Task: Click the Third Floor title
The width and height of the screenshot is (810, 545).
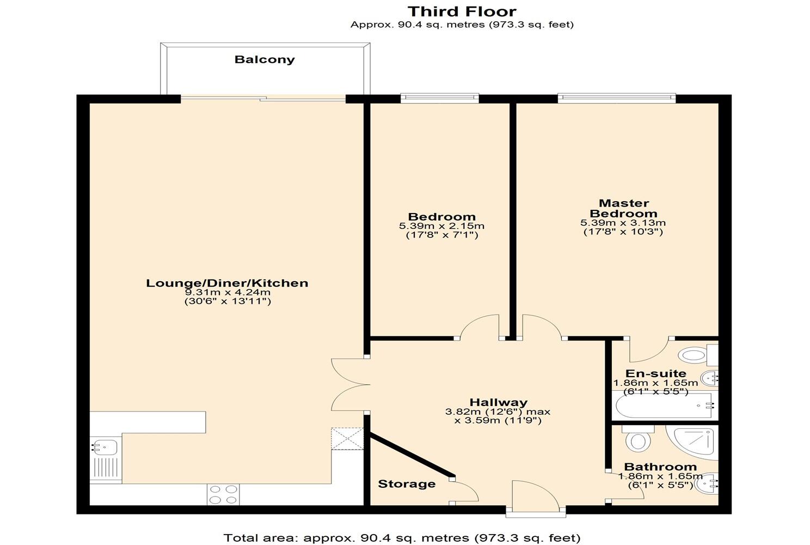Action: point(462,11)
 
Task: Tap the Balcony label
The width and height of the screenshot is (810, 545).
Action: point(265,59)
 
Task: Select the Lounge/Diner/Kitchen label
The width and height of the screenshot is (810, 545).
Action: point(227,283)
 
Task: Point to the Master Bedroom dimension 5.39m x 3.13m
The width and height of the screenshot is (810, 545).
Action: point(623,223)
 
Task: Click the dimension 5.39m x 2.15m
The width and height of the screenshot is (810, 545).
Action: point(441,226)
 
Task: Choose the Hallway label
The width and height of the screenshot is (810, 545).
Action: point(498,402)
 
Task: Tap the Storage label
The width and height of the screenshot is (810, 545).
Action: point(407,484)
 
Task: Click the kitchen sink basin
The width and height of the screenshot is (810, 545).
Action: point(104,447)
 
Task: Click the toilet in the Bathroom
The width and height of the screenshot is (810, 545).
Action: point(638,439)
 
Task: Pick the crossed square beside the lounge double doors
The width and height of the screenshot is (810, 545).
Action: point(347,439)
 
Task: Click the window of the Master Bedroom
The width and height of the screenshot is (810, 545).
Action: point(617,98)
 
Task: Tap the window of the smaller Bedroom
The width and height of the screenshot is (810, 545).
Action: point(439,98)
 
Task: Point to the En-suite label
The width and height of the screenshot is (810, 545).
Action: point(655,373)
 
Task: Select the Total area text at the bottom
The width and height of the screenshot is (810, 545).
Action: point(402,538)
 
